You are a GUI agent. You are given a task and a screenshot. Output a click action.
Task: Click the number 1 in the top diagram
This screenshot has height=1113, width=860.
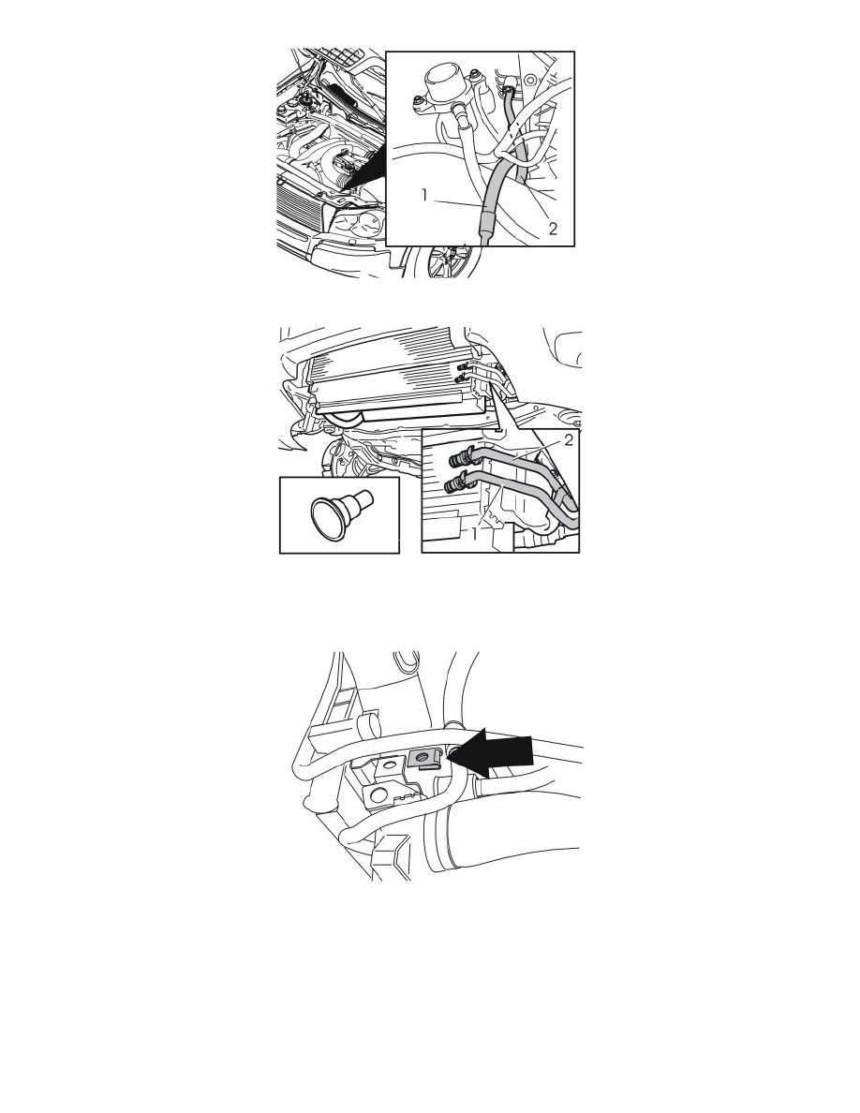coord(425,195)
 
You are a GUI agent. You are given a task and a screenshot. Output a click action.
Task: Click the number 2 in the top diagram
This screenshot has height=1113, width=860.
coord(553,228)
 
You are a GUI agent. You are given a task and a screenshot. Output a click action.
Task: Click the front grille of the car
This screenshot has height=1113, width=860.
coord(298,206)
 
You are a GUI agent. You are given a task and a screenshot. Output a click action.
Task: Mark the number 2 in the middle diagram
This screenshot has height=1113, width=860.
coord(569,440)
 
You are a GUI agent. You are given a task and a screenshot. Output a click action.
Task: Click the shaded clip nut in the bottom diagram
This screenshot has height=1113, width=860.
coord(425,760)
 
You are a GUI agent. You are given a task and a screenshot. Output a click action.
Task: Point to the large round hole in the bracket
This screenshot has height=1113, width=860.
coord(376,793)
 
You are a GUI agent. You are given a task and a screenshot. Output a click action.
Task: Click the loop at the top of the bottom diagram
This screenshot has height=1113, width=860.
coord(407,660)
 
